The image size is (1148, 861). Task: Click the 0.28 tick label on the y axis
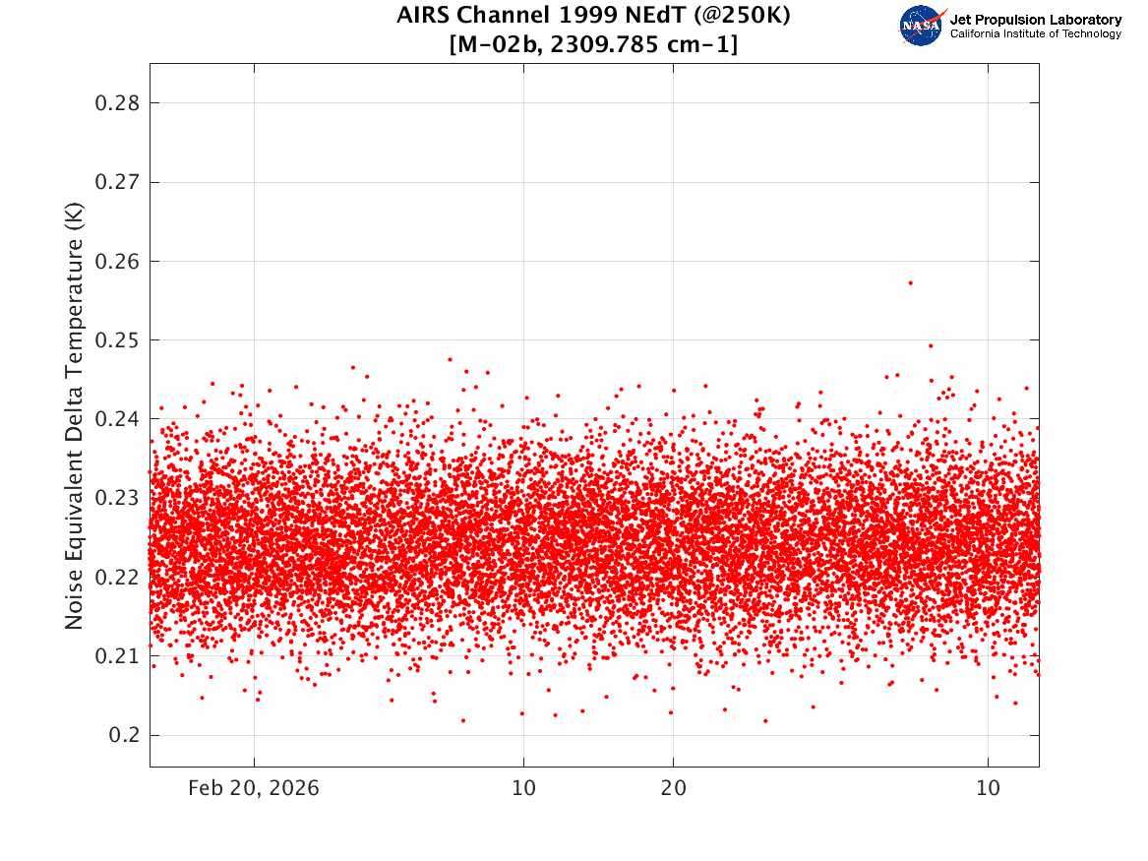[x=117, y=103]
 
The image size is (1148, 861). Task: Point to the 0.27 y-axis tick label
[x=117, y=182]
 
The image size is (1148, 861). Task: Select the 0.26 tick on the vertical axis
[x=117, y=262]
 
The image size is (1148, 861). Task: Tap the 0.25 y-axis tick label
[x=117, y=340]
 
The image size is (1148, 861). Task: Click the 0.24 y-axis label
[x=117, y=419]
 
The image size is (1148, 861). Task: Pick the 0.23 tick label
[x=117, y=498]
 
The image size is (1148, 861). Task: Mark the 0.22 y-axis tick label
[x=117, y=577]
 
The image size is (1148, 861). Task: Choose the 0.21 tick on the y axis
[x=117, y=656]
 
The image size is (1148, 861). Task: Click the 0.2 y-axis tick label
[x=124, y=735]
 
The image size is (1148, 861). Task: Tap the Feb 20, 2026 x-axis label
[x=254, y=788]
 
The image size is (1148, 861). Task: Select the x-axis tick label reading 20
[x=674, y=788]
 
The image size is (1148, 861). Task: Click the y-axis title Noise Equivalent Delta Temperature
[x=74, y=415]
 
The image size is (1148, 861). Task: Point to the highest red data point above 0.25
[x=910, y=282]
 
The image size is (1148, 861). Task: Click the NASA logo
[x=922, y=26]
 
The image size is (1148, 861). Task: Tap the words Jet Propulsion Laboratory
[x=1036, y=20]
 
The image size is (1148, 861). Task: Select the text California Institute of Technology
[x=1036, y=33]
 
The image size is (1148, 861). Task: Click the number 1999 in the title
[x=583, y=15]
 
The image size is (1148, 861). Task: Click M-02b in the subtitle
[x=495, y=45]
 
